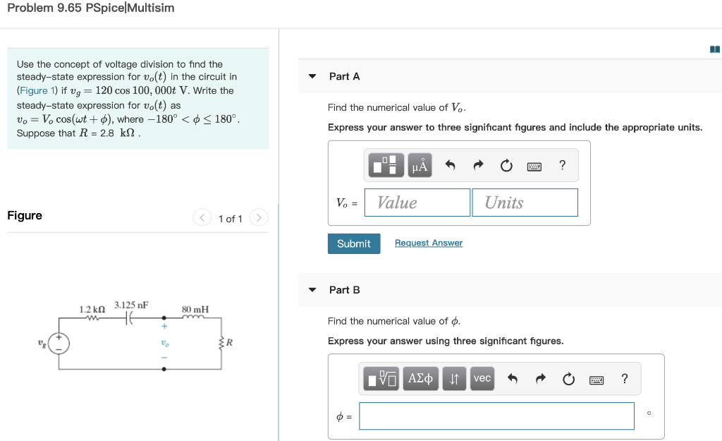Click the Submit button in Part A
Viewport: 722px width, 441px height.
pyautogui.click(x=353, y=243)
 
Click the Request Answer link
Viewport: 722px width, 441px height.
pyautogui.click(x=429, y=243)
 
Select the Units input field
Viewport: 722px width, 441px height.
pyautogui.click(x=525, y=203)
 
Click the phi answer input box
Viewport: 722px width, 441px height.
pyautogui.click(x=496, y=416)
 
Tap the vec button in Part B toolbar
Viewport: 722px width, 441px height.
pyautogui.click(x=482, y=378)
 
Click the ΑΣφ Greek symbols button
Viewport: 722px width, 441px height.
pyautogui.click(x=420, y=378)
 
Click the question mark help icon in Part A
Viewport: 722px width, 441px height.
pyautogui.click(x=562, y=166)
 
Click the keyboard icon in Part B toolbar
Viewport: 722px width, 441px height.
pyautogui.click(x=596, y=380)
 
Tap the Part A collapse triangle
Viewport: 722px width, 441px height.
pyautogui.click(x=312, y=76)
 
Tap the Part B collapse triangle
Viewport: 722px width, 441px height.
pyautogui.click(x=312, y=290)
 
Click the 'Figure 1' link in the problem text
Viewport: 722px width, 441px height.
pyautogui.click(x=33, y=90)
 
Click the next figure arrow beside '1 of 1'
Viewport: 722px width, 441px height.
pyautogui.click(x=259, y=218)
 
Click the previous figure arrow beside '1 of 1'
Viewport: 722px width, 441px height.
pyautogui.click(x=202, y=218)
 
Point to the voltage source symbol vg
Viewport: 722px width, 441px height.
pyautogui.click(x=59, y=344)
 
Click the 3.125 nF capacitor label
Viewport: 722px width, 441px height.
pyautogui.click(x=131, y=306)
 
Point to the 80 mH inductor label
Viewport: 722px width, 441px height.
pyautogui.click(x=195, y=310)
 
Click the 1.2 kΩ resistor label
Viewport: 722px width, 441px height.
pyautogui.click(x=92, y=310)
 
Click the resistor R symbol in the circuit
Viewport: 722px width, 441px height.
pyautogui.click(x=223, y=344)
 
